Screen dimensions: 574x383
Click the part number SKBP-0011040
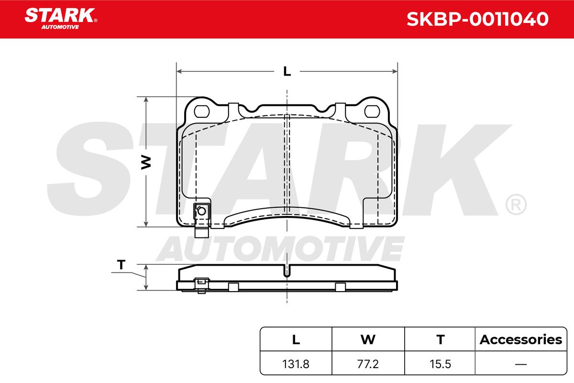(477, 19)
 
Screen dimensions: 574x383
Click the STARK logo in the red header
(61, 19)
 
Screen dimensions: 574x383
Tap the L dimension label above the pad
(287, 71)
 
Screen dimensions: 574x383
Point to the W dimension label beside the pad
(146, 162)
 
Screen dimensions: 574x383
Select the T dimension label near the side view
(121, 264)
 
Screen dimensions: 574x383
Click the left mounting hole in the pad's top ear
(202, 112)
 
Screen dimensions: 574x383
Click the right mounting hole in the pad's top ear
(372, 112)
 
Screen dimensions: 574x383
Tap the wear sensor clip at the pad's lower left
(202, 217)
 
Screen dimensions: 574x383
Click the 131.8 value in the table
(296, 364)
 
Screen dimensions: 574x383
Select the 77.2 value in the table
(368, 364)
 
